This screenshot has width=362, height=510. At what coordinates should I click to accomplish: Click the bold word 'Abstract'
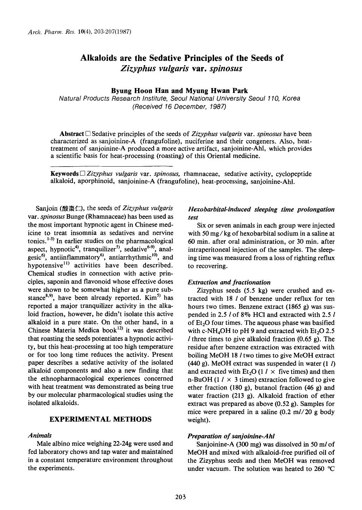tap(72, 134)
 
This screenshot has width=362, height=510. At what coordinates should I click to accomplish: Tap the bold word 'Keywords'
tap(64, 174)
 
